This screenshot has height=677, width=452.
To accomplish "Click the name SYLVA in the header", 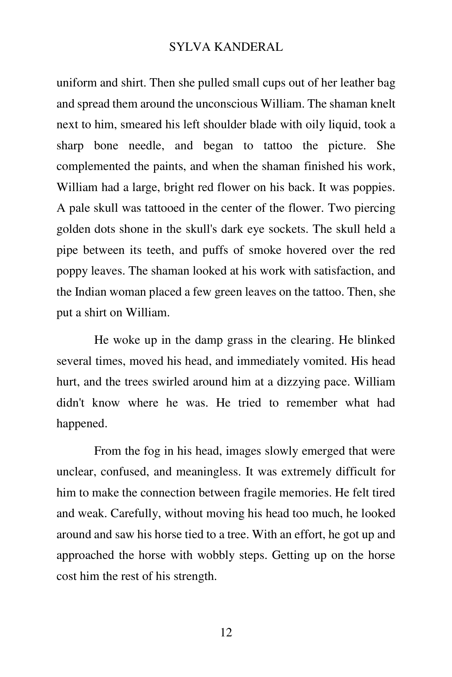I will [188, 47].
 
